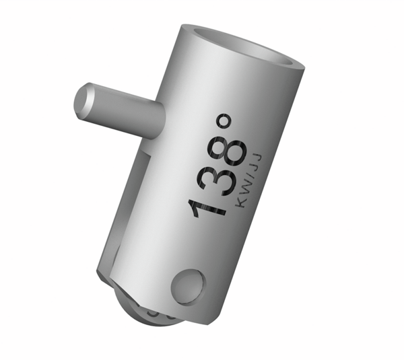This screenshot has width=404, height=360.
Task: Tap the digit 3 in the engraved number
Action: [x=215, y=180]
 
